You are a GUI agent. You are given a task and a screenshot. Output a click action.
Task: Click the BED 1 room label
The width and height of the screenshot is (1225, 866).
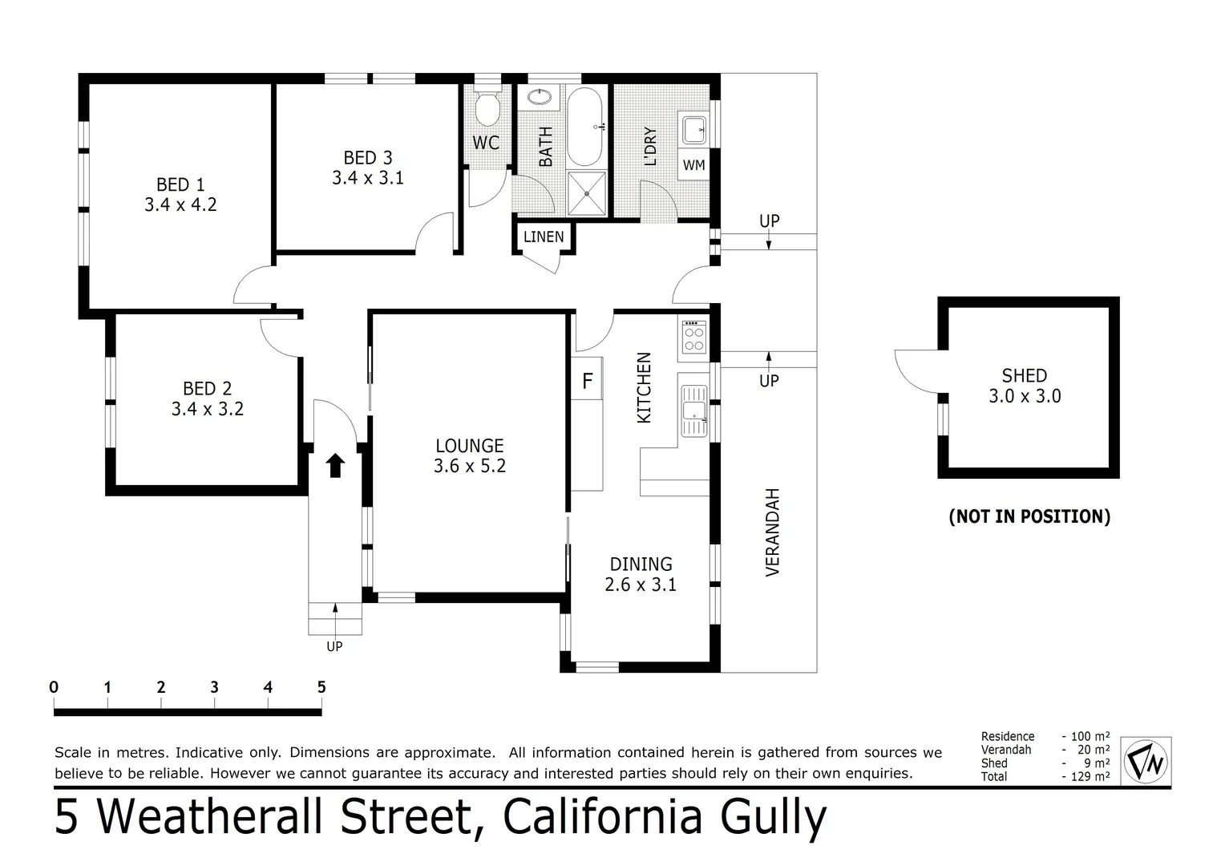(180, 185)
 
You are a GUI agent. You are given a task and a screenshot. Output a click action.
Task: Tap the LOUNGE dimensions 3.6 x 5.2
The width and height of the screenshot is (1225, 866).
(470, 466)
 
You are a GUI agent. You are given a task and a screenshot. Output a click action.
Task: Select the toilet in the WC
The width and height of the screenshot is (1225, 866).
(487, 108)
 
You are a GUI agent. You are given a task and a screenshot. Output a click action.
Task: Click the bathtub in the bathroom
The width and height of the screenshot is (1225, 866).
(584, 126)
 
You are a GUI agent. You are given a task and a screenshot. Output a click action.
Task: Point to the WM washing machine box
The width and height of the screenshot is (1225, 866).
(693, 164)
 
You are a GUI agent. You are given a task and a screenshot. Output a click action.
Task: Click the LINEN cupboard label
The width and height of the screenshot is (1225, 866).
(544, 237)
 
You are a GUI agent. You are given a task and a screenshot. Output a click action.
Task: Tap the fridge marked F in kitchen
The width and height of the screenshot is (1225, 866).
(587, 381)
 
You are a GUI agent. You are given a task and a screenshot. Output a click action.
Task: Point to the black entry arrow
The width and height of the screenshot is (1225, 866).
(335, 465)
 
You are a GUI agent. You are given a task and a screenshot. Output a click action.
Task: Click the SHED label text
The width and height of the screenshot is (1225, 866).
(1024, 375)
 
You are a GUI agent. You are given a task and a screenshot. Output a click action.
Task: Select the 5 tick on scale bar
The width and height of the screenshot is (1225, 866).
(321, 687)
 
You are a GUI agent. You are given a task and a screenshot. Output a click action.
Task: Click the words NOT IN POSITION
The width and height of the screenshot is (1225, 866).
(1029, 516)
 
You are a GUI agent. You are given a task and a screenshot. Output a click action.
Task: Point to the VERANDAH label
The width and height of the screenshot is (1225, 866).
(772, 532)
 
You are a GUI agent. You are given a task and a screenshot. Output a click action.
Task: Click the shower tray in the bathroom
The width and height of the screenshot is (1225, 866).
(588, 192)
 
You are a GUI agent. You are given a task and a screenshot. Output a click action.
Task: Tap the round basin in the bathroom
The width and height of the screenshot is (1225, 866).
(540, 99)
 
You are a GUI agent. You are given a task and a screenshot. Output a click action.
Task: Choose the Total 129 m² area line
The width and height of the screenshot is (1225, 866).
(1045, 776)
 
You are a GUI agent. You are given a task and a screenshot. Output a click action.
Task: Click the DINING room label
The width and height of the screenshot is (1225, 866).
(641, 564)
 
